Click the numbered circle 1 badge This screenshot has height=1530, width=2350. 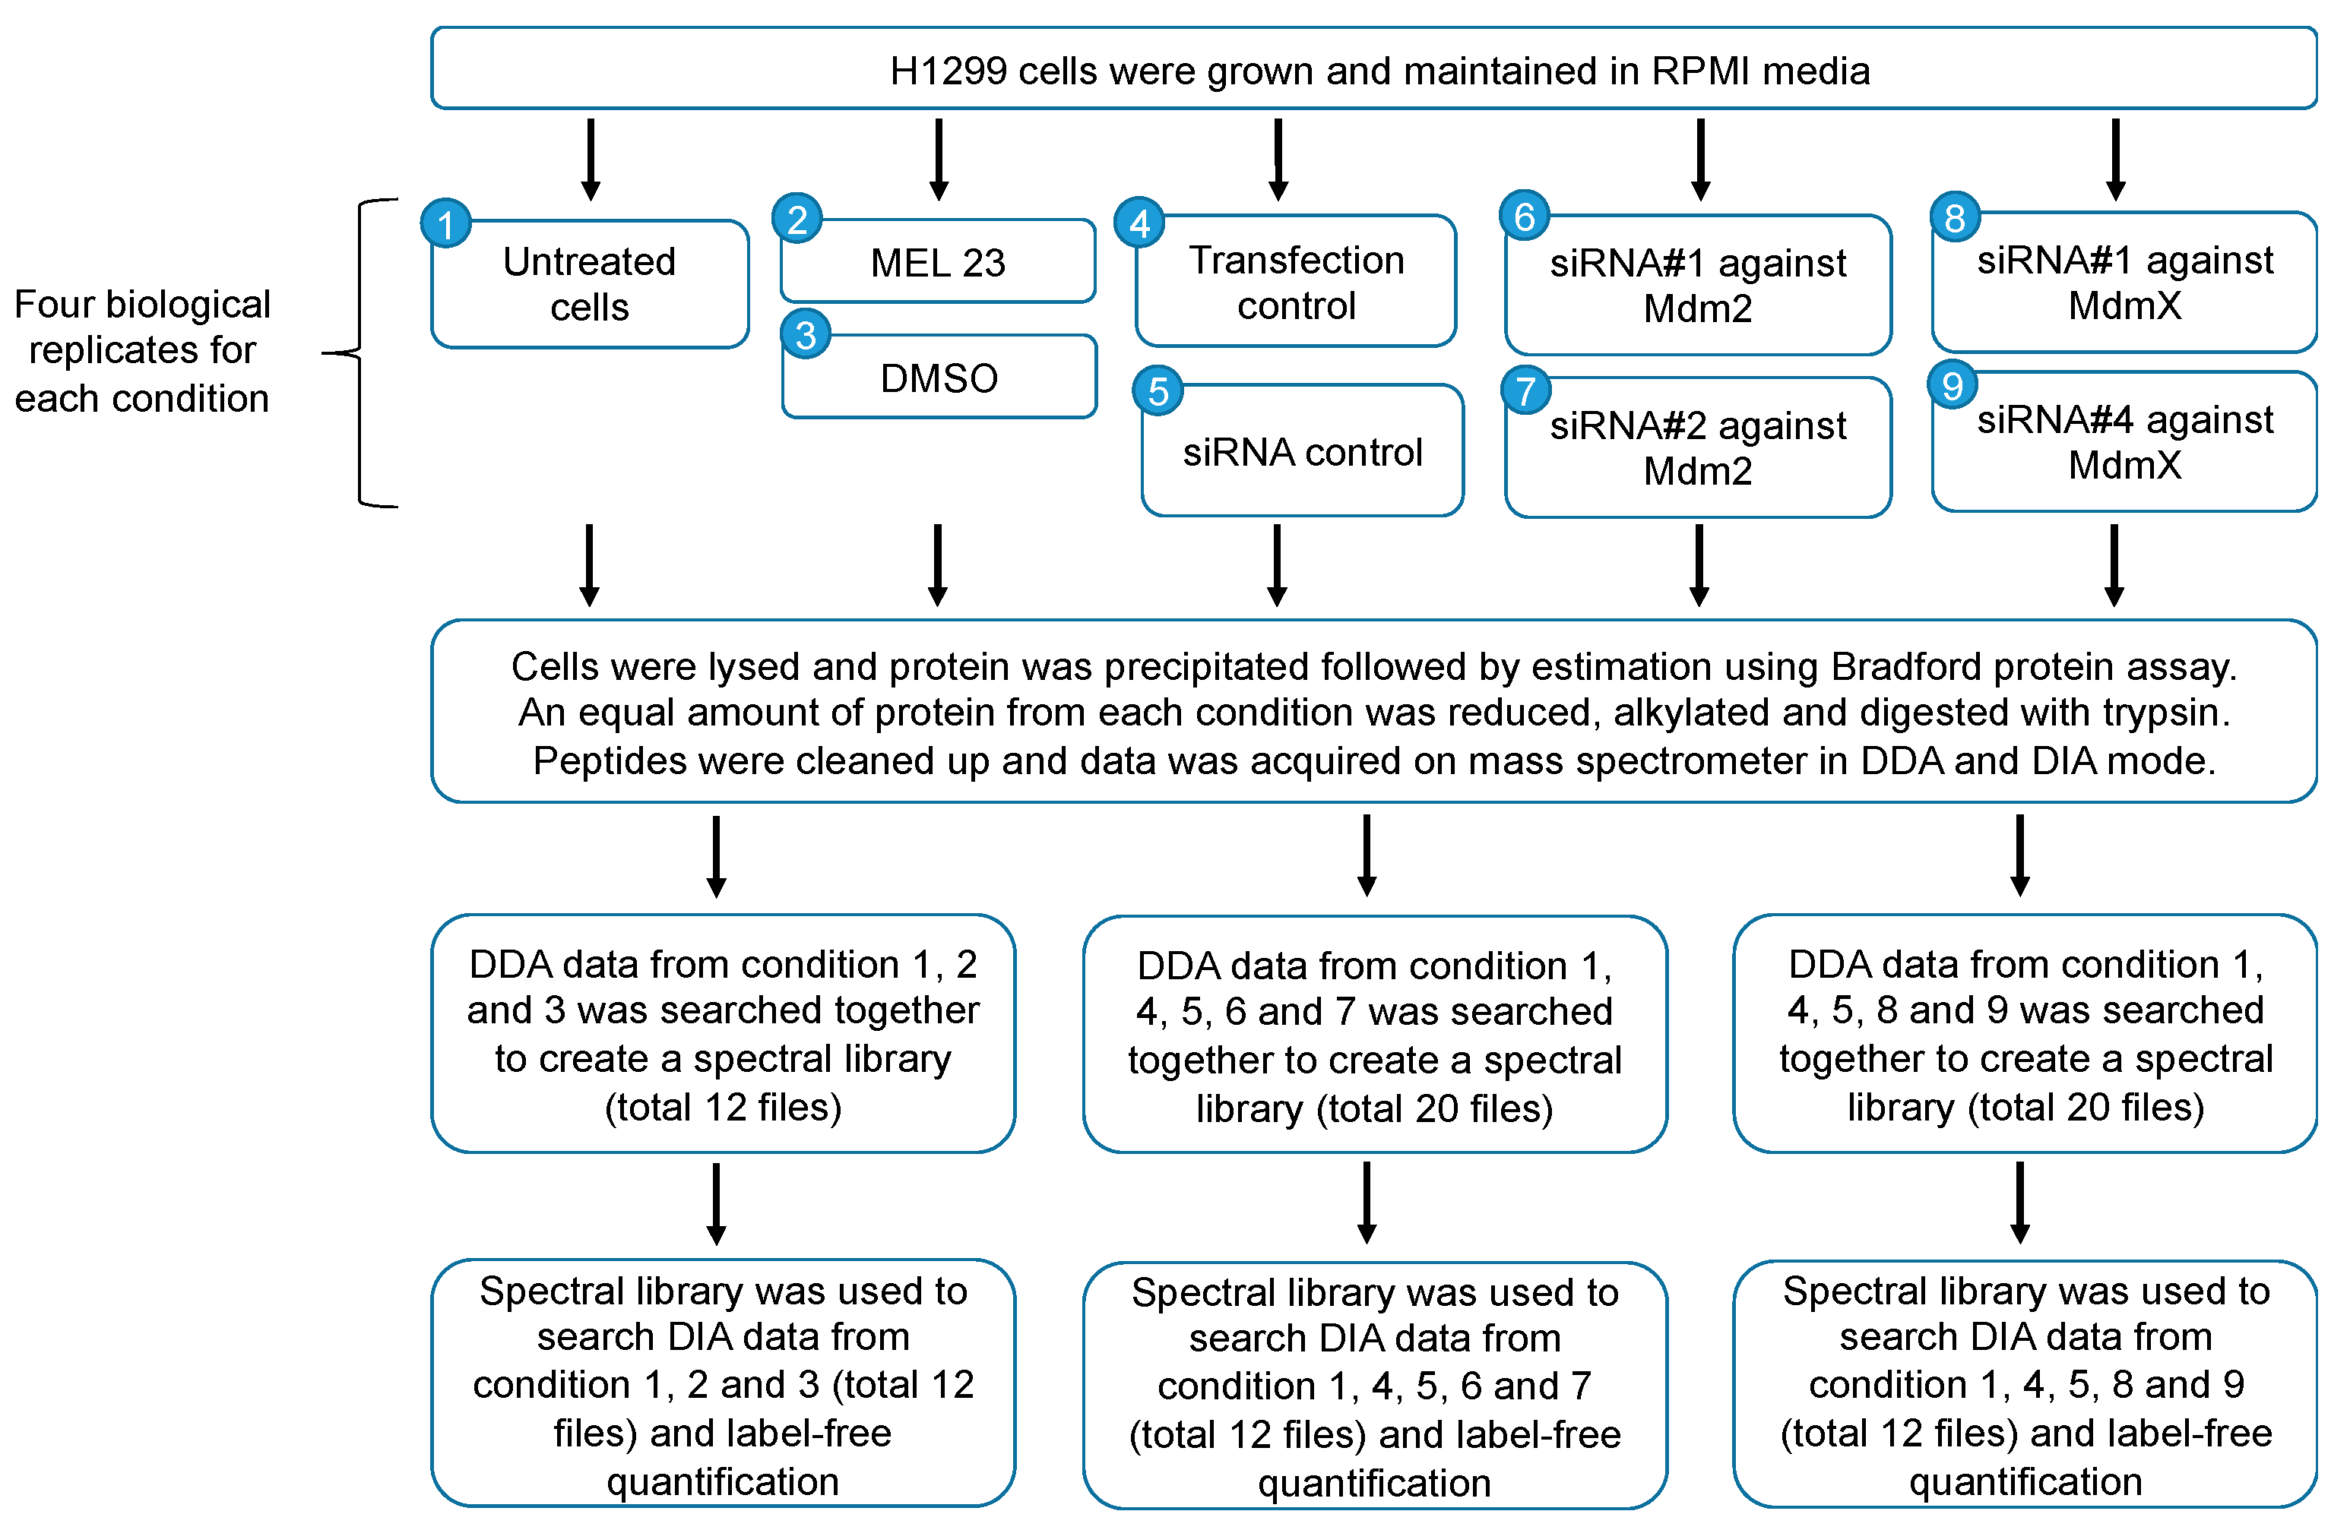445,224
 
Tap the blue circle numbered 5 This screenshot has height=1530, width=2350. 1158,391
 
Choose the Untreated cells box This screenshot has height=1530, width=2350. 590,284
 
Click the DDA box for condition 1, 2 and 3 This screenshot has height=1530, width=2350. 723,1033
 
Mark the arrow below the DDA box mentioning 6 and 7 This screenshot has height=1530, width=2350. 1367,1203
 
